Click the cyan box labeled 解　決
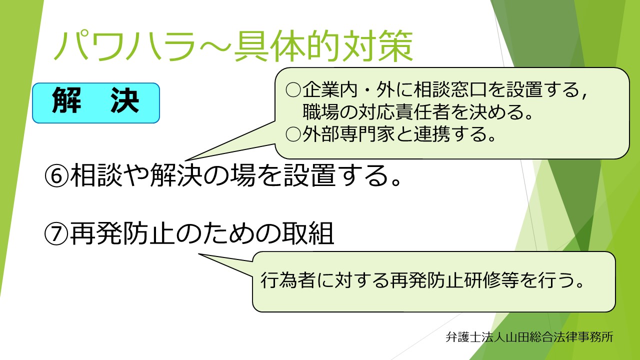pos(95,103)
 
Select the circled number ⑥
pos(56,176)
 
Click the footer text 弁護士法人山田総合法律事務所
pos(529,336)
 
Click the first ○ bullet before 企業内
pos(292,90)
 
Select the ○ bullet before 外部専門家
pos(292,134)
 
